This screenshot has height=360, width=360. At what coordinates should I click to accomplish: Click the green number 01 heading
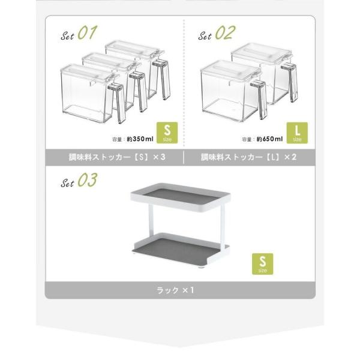pos(88,32)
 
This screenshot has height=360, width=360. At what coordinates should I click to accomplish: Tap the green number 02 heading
pos(225,32)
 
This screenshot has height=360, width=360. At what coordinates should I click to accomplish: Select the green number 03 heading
pos(88,180)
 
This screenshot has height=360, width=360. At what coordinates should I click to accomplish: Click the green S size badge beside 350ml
pos(167,133)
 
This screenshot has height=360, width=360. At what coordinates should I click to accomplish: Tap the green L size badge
pos(297,133)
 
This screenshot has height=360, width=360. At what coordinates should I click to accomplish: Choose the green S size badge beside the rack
pos(263,264)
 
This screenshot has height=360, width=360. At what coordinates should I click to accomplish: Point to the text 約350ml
pos(140,139)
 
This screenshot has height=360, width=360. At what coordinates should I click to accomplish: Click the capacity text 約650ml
pos(270,139)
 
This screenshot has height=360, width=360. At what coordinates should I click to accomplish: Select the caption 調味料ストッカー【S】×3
pos(117,157)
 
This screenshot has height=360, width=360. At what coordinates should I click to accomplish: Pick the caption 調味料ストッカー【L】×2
pos(248,157)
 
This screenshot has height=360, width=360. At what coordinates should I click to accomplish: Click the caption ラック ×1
pos(175,290)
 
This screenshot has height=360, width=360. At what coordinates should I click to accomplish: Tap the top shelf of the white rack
pos(180,197)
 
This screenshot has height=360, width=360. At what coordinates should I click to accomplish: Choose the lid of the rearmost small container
pos(135,49)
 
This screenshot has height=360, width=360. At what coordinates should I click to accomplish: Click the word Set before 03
pos(67,183)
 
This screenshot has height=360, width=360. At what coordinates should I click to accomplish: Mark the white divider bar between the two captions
pos(184,157)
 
